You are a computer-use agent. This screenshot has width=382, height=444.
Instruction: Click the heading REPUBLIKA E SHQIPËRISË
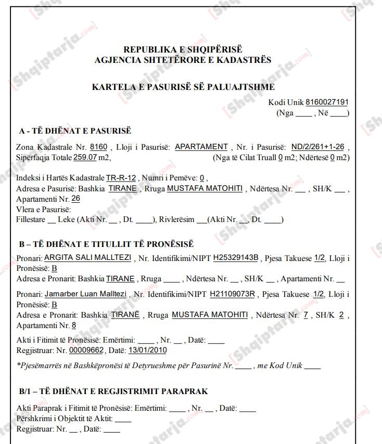pyautogui.click(x=183, y=49)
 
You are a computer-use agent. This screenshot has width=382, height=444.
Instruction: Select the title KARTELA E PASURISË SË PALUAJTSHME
pyautogui.click(x=183, y=87)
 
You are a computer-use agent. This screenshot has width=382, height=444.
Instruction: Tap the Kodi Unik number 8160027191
pyautogui.click(x=327, y=102)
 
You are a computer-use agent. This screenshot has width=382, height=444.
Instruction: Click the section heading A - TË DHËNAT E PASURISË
pyautogui.click(x=75, y=131)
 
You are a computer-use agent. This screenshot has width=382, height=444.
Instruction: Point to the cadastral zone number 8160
pyautogui.click(x=98, y=147)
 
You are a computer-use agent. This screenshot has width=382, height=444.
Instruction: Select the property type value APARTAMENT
pyautogui.click(x=201, y=147)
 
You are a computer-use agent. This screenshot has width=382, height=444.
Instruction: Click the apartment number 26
pyautogui.click(x=75, y=199)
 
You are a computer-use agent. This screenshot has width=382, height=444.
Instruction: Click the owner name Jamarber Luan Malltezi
pyautogui.click(x=85, y=294)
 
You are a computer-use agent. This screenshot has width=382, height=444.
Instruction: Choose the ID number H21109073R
pyautogui.click(x=232, y=294)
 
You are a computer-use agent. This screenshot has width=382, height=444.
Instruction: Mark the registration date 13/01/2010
pyautogui.click(x=147, y=350)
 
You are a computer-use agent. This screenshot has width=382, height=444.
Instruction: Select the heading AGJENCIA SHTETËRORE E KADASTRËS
pyautogui.click(x=183, y=60)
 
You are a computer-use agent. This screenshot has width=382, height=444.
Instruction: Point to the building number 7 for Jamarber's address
pyautogui.click(x=307, y=315)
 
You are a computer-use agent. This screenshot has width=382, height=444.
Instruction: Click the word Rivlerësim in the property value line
pyautogui.click(x=177, y=219)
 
